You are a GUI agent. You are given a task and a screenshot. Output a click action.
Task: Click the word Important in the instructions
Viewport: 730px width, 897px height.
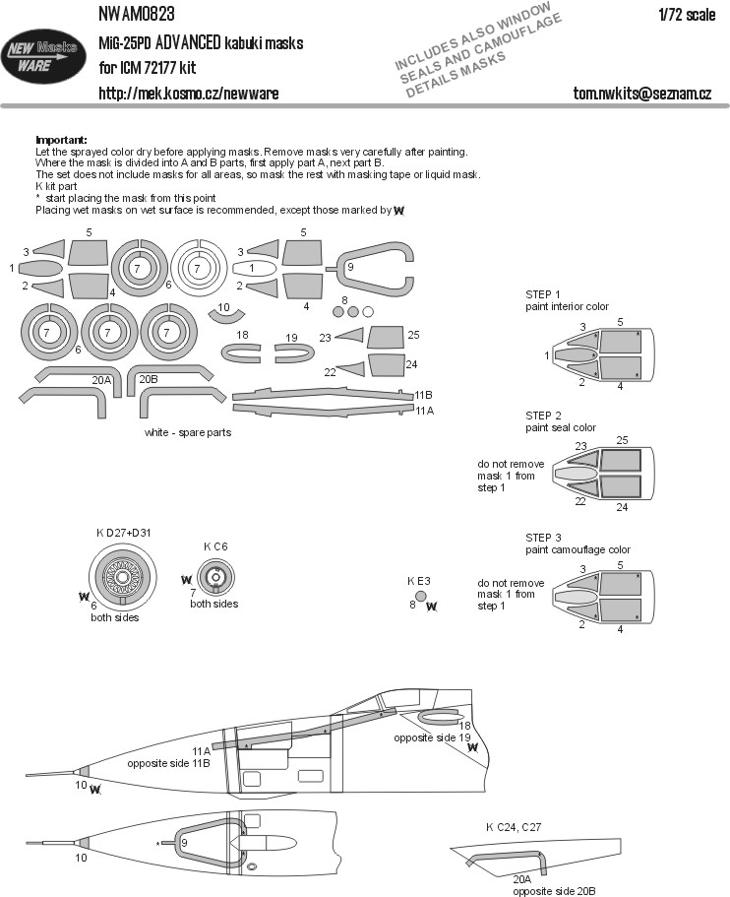[x=61, y=141]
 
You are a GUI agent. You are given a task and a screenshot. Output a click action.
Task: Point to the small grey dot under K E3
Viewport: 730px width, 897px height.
[x=420, y=595]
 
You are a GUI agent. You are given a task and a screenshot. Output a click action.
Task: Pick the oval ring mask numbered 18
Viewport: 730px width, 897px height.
[x=242, y=350]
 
